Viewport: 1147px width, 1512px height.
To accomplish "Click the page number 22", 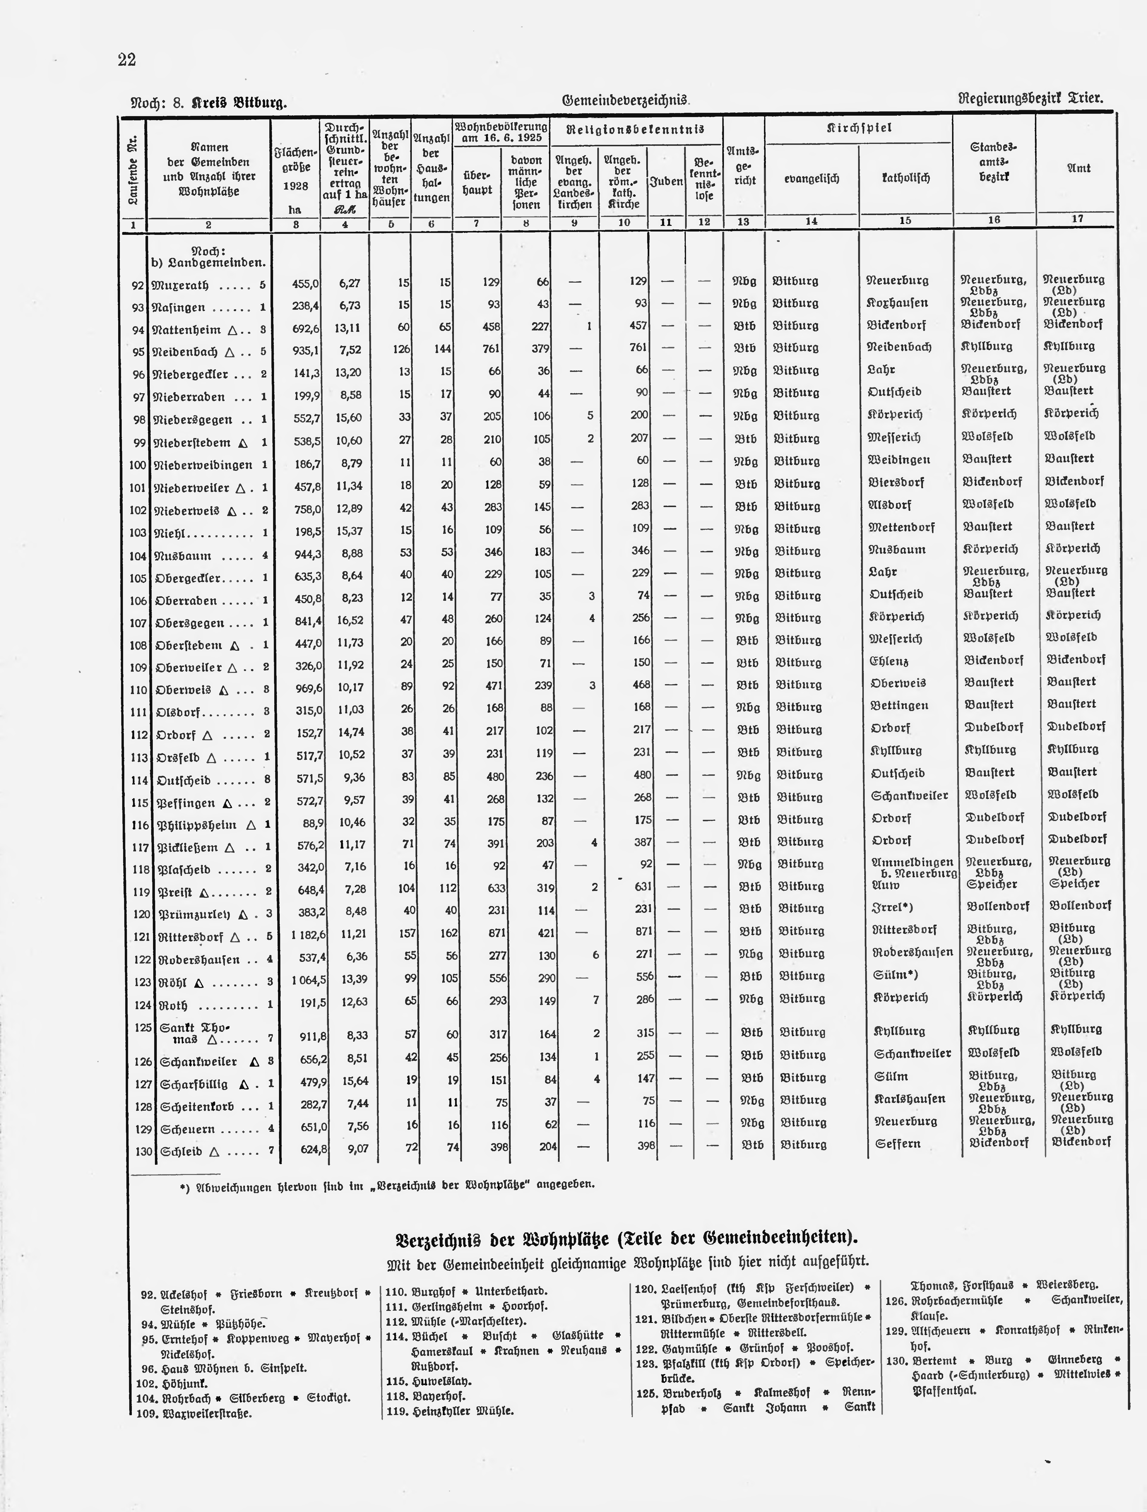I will click(127, 60).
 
